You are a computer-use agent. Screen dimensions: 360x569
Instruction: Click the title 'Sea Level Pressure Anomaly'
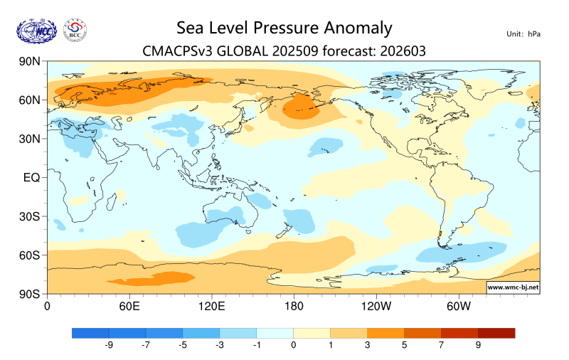(284, 28)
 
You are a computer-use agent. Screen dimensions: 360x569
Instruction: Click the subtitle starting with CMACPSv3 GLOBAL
(284, 51)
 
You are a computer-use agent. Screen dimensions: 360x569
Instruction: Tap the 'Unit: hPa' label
(523, 34)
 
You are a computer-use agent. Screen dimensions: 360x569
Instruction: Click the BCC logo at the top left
(75, 30)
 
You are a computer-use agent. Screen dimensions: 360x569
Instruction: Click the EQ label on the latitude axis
(32, 177)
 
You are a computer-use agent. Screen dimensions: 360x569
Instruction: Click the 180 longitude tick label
(294, 306)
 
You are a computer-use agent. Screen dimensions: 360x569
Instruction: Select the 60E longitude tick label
(129, 306)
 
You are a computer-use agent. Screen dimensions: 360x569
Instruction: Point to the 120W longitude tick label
(376, 306)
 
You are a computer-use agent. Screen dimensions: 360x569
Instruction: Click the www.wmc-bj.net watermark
(512, 287)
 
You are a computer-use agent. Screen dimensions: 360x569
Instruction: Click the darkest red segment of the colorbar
(496, 332)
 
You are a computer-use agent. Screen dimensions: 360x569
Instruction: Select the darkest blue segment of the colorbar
(90, 332)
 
